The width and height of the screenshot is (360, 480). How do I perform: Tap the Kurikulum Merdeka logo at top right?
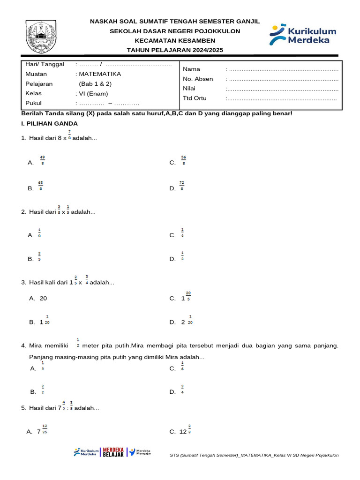[x=303, y=35]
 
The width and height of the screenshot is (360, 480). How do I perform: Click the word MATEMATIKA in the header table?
[x=100, y=74]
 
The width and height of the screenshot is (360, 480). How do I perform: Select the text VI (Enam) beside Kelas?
[x=93, y=93]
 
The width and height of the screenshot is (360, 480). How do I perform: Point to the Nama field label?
[x=191, y=69]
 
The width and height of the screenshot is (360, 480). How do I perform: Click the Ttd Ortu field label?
[x=195, y=98]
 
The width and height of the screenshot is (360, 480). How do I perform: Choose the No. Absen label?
[x=198, y=79]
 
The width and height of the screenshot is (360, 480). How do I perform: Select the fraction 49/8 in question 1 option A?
[x=42, y=160]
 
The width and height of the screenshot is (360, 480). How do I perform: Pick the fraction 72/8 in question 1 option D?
[x=182, y=186]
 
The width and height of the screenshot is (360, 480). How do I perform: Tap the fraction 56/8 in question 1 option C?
[x=183, y=160]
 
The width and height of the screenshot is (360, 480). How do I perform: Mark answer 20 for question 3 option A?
[x=43, y=298]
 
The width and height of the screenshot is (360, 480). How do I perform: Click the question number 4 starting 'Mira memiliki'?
[x=23, y=346]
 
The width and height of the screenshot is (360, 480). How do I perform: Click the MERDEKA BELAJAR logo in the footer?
[x=113, y=452]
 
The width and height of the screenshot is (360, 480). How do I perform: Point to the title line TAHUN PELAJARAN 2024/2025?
[x=175, y=50]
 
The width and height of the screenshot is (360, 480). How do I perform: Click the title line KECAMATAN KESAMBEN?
[x=175, y=41]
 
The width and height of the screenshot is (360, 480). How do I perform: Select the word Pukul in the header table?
[x=33, y=103]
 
